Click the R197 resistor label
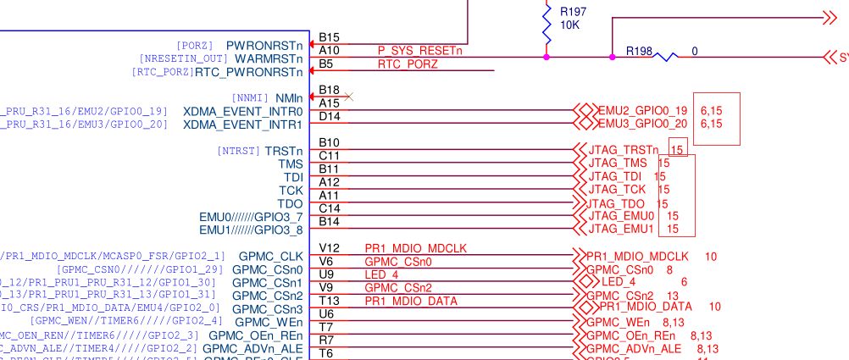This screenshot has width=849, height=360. pos(573,12)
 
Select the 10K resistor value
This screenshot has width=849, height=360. pos(569,25)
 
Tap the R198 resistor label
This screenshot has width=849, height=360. pos(640,51)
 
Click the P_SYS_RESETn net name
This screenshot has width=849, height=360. pos(420,51)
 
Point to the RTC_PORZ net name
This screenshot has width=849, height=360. pos(408,64)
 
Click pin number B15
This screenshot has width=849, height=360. pos(329,38)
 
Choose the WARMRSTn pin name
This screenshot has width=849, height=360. pos(269,58)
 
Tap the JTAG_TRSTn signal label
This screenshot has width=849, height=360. pos(623,150)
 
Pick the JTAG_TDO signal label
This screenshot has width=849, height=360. pos(616,203)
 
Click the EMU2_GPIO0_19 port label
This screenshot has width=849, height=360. pos(642,110)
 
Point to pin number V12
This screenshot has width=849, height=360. pos(329,248)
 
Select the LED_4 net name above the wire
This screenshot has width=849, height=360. pos(381,274)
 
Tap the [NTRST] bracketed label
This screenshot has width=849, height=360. pos(237,151)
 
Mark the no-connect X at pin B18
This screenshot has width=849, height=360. pos(348,97)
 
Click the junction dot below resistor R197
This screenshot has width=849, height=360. pos(547,57)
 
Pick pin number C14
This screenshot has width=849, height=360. pos(329,208)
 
